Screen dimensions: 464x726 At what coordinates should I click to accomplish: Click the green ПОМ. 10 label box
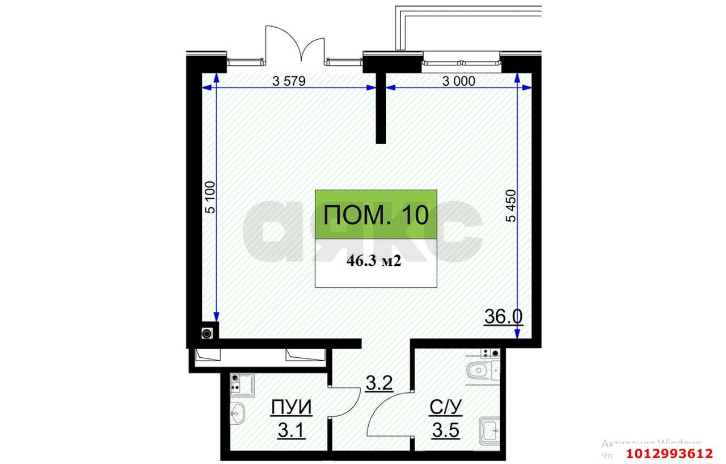coord(376,215)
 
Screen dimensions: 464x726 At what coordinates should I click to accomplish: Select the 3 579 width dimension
coord(289,81)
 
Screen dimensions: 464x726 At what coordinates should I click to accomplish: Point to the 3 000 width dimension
coord(457,81)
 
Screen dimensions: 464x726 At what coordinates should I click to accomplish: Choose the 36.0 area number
coord(504,316)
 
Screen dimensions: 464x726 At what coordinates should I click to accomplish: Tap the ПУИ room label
coord(291,408)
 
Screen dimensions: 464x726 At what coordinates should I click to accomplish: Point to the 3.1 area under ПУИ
coord(291,430)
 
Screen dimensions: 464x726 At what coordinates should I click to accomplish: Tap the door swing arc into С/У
coord(386,417)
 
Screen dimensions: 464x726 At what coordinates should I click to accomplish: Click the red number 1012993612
coord(669,453)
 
